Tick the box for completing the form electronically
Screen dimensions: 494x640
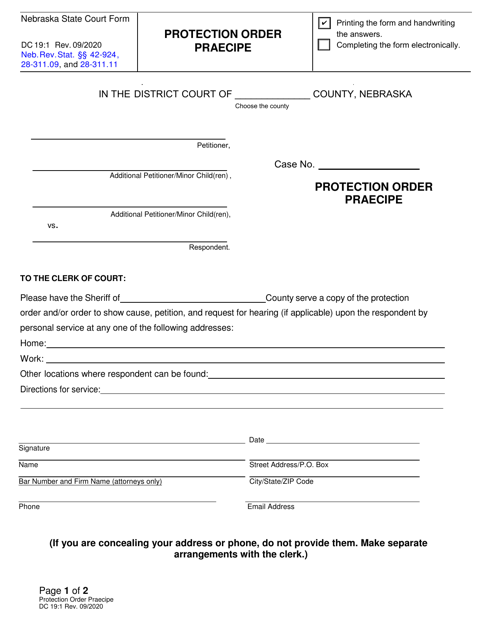tap(324, 45)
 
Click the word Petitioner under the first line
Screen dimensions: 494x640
tap(213, 145)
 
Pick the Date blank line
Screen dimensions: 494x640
tap(343, 441)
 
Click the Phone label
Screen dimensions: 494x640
tap(31, 507)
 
